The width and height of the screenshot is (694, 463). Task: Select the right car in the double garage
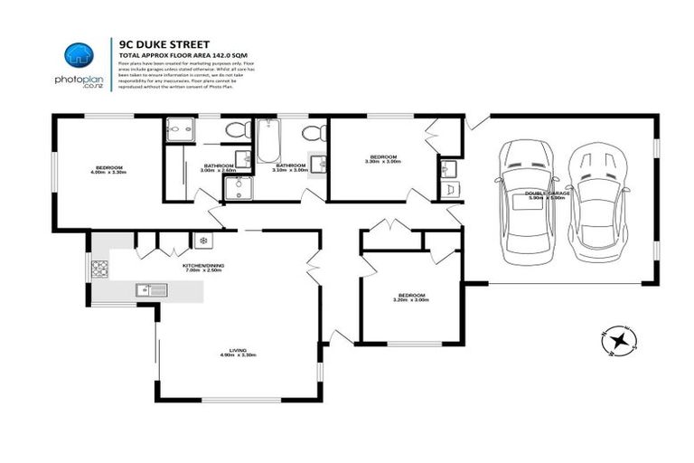[x=593, y=199]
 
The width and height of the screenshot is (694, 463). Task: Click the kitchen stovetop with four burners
[x=100, y=269]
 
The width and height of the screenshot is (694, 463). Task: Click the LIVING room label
[x=239, y=354]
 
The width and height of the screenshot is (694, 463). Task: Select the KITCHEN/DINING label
[x=203, y=267]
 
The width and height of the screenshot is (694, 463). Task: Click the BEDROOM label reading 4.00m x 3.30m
[x=109, y=169]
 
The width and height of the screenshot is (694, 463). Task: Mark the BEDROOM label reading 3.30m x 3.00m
[x=380, y=159]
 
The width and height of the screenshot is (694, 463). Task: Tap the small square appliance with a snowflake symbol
[x=203, y=241]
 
